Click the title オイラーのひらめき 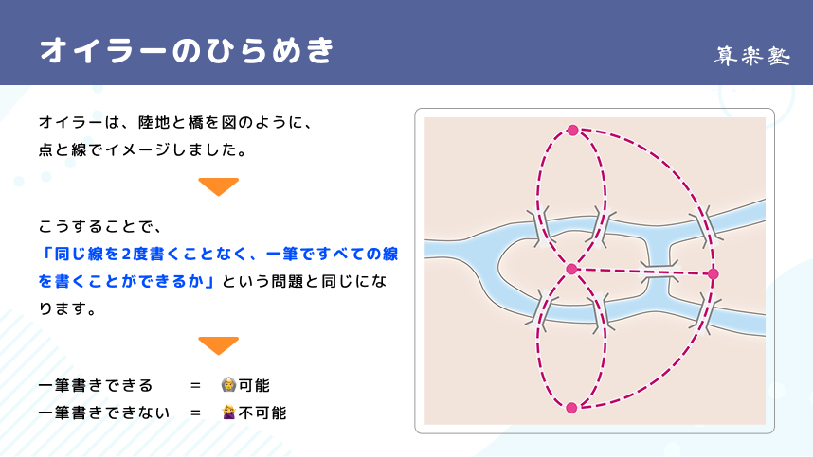click(x=187, y=50)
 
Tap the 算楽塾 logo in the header click(x=751, y=56)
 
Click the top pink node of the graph click(x=572, y=131)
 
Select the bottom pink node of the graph click(x=571, y=408)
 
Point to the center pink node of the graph click(x=571, y=269)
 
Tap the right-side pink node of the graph click(x=713, y=273)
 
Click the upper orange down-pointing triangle click(x=218, y=186)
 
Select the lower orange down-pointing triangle click(x=218, y=345)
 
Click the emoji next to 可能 click(x=228, y=384)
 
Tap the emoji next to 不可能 click(x=228, y=412)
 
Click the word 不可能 click(x=262, y=413)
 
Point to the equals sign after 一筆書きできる click(x=195, y=386)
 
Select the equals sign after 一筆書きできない click(x=195, y=413)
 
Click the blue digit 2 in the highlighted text click(x=127, y=255)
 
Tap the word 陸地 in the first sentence click(x=154, y=122)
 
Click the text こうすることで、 click(x=100, y=227)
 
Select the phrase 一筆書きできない click(x=104, y=413)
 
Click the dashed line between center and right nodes click(x=641, y=272)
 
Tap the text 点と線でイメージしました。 click(x=142, y=150)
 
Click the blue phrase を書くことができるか click(x=122, y=282)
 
